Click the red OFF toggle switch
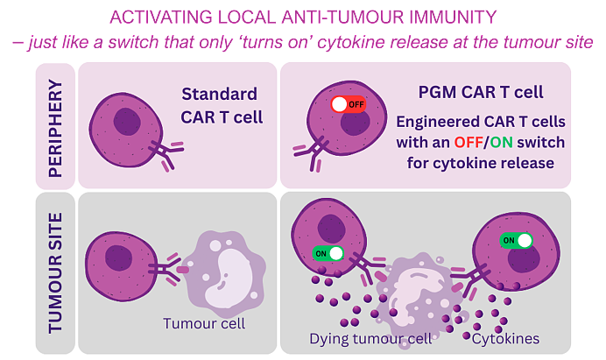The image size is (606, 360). point(348,104)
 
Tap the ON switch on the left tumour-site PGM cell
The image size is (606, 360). point(328,254)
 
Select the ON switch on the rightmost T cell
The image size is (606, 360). point(516,241)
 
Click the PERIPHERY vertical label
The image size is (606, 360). point(55,129)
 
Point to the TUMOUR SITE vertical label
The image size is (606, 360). point(55,272)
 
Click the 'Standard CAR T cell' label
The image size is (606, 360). point(221,105)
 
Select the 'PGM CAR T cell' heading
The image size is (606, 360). point(481,92)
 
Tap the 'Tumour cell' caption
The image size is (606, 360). point(204,323)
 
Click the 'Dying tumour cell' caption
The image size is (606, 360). point(370,339)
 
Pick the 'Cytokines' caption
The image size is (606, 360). point(505,339)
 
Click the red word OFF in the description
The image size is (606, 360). point(468,142)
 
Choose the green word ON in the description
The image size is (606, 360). point(501,142)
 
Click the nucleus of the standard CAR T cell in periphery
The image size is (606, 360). point(127,122)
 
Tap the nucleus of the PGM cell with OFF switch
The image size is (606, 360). point(356,122)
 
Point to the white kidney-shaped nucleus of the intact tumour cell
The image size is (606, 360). point(228,279)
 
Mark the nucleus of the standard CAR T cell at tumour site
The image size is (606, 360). point(118,258)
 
